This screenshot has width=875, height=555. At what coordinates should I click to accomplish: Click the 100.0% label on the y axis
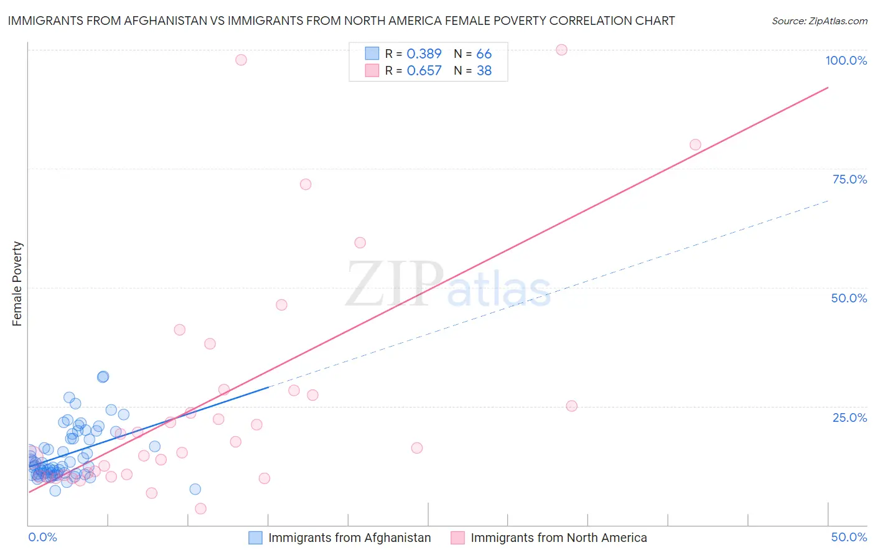(x=846, y=60)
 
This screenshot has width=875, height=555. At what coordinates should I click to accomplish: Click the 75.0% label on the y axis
(x=849, y=179)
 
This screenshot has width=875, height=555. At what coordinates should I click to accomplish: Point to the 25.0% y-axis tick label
(x=849, y=417)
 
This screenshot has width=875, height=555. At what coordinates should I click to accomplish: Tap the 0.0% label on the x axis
(x=42, y=537)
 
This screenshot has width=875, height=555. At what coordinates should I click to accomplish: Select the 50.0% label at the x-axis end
(x=849, y=537)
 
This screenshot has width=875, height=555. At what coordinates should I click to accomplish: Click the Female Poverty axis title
(x=17, y=284)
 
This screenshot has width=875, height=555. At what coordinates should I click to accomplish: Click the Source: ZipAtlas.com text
(x=819, y=21)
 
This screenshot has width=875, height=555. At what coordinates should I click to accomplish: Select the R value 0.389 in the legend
(x=424, y=54)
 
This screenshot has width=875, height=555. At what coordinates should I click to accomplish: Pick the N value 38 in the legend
(x=484, y=71)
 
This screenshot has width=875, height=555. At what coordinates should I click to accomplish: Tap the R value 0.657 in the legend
(x=424, y=71)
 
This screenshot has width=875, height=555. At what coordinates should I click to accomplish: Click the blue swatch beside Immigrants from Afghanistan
(x=255, y=538)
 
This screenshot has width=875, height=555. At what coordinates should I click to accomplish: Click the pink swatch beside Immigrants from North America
(x=457, y=538)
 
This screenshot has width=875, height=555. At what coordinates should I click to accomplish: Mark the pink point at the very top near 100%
(x=561, y=50)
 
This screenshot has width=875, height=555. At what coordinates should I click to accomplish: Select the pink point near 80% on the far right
(x=695, y=145)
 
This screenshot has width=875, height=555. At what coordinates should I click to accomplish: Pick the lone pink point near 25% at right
(x=571, y=406)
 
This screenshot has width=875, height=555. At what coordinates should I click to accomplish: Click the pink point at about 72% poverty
(x=306, y=184)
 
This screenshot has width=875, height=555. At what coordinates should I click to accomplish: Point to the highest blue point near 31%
(x=103, y=376)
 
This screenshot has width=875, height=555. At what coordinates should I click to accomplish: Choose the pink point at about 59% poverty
(x=360, y=243)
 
